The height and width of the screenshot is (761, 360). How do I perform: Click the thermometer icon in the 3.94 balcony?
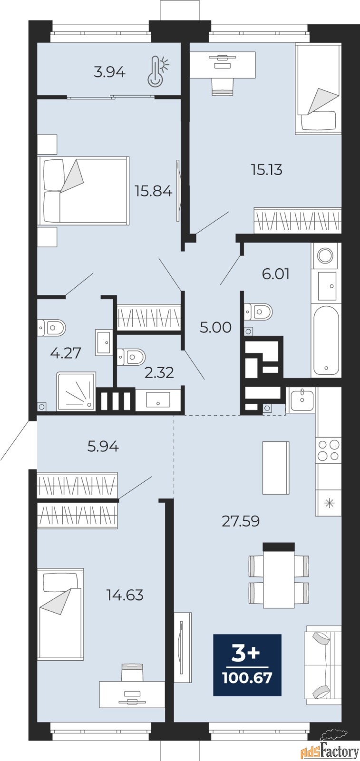point(157,71)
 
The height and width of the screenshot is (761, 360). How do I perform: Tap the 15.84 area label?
point(153,191)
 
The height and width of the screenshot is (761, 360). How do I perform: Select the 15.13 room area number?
point(267,169)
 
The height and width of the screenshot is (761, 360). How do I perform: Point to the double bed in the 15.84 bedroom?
point(84,191)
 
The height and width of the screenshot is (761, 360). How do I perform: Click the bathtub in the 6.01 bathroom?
point(326,340)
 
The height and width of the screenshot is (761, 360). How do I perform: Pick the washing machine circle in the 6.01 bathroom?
point(325,255)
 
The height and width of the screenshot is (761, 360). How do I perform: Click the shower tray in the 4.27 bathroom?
point(76,391)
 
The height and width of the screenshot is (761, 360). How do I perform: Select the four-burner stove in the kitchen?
point(329,450)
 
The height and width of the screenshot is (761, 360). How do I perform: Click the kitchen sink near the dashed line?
point(301,400)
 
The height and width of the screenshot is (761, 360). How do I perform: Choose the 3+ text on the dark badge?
point(245,654)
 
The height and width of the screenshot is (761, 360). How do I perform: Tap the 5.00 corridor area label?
point(215,328)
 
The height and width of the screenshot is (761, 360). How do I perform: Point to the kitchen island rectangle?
point(276,468)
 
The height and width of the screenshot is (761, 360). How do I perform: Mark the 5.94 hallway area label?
point(103,447)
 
